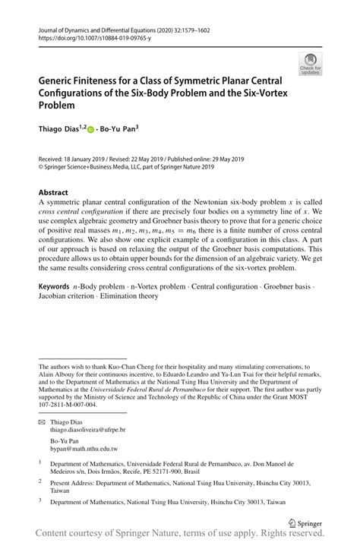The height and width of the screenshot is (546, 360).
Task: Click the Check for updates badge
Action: click(x=311, y=64)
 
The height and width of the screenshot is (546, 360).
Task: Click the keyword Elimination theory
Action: click(x=136, y=296)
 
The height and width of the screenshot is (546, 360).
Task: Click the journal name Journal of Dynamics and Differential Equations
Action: click(x=106, y=27)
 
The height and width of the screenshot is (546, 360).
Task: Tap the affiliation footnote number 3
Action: click(x=40, y=500)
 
